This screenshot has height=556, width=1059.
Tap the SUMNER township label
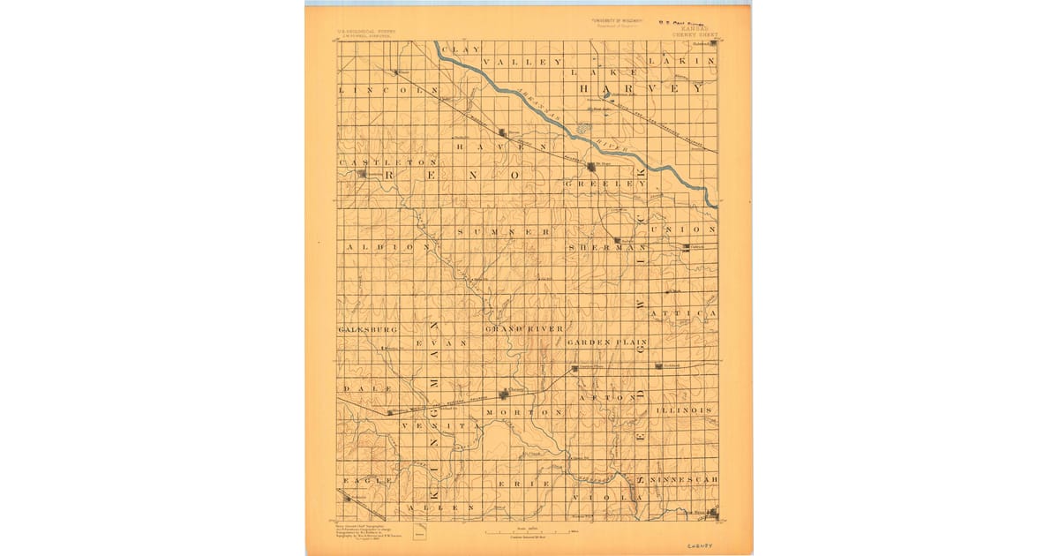504,231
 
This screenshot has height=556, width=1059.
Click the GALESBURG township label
368,328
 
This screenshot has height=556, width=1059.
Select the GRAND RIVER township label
522,328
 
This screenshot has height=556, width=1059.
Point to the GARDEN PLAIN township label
607,342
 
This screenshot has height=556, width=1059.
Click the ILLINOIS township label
684,410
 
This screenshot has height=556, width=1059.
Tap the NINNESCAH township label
685,479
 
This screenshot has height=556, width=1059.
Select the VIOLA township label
609,497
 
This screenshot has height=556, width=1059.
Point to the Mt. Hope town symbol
590,166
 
